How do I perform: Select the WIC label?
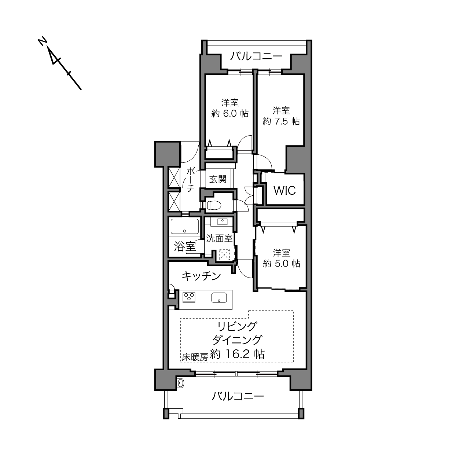(284, 191)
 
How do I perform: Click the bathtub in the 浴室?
(185, 227)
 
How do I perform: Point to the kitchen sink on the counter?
(219, 298)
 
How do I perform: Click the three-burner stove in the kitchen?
(189, 298)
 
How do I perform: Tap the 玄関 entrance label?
(218, 179)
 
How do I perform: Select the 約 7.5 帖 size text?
(281, 121)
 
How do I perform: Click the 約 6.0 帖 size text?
(230, 113)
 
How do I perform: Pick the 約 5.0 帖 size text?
(281, 264)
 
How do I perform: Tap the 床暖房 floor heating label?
(195, 357)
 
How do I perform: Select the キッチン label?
(201, 276)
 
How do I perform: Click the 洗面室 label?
(219, 238)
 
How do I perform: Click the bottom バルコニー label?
(238, 396)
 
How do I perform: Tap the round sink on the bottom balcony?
(180, 383)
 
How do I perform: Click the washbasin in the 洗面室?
(222, 222)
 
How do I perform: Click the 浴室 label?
(185, 246)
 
